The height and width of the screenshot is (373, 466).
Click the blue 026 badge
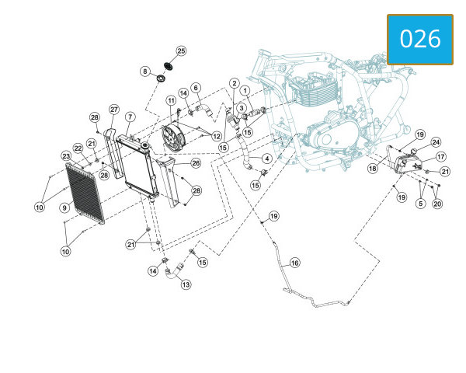(420, 40)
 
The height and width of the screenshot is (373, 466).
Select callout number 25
(181, 51)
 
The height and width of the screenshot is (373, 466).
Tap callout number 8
(144, 71)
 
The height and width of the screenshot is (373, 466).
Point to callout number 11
(171, 100)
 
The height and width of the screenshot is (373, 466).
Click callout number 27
(114, 110)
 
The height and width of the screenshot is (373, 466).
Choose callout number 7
(130, 117)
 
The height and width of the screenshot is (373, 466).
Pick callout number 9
(64, 207)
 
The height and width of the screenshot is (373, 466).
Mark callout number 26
(196, 163)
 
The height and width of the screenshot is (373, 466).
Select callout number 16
(294, 263)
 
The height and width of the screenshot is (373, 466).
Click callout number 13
(186, 284)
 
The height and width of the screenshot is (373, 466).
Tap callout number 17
(440, 156)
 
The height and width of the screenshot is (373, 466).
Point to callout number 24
(436, 142)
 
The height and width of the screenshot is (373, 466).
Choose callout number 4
(267, 159)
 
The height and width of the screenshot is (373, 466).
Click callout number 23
(66, 156)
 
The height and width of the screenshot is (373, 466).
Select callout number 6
(196, 88)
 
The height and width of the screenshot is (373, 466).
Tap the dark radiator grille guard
(85, 193)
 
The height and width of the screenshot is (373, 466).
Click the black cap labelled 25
(169, 66)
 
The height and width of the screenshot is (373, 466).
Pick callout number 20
(437, 204)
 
